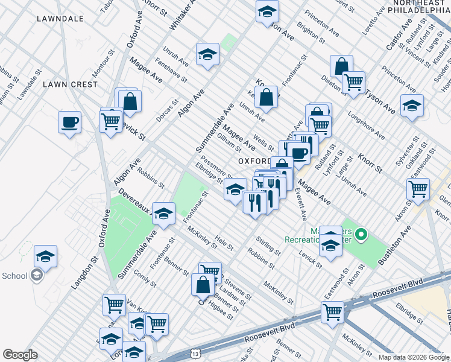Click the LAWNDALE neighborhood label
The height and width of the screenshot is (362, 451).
tap(60, 19)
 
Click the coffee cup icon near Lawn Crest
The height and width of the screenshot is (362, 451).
tap(69, 122)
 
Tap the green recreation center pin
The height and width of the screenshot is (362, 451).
tap(361, 233)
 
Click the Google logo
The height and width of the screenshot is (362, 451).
tap(20, 355)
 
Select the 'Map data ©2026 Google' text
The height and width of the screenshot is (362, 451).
tap(414, 357)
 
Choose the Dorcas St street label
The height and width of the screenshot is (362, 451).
tap(170, 110)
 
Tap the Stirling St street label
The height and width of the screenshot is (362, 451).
tap(268, 246)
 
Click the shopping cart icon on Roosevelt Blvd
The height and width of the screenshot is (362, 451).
tap(332, 312)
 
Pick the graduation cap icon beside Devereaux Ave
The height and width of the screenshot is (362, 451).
tap(163, 213)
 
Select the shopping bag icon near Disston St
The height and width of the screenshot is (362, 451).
tap(341, 66)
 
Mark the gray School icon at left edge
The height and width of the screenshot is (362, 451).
tap(37, 276)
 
